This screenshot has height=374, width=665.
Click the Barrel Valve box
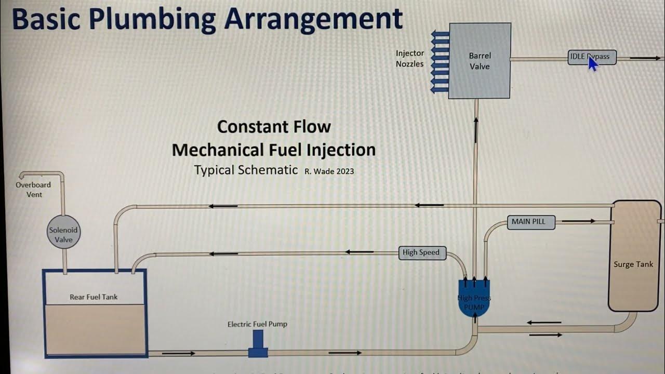coord(480,61)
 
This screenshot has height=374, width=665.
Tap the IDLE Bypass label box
coord(592,57)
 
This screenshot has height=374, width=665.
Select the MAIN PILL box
coord(529,222)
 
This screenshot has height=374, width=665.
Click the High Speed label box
coord(421,252)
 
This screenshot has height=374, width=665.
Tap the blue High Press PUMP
coord(474,298)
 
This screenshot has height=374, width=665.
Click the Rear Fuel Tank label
coord(94,297)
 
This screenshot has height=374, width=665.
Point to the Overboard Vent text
coord(34,190)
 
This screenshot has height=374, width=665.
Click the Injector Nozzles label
coord(410,59)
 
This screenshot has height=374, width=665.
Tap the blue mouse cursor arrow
coord(593,63)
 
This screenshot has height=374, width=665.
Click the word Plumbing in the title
coord(152,20)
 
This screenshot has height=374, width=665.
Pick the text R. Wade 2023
coord(329,171)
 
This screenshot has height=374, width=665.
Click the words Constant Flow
coord(274,127)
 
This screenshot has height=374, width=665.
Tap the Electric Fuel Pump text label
coord(257,324)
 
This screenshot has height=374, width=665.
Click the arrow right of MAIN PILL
coord(578,221)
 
